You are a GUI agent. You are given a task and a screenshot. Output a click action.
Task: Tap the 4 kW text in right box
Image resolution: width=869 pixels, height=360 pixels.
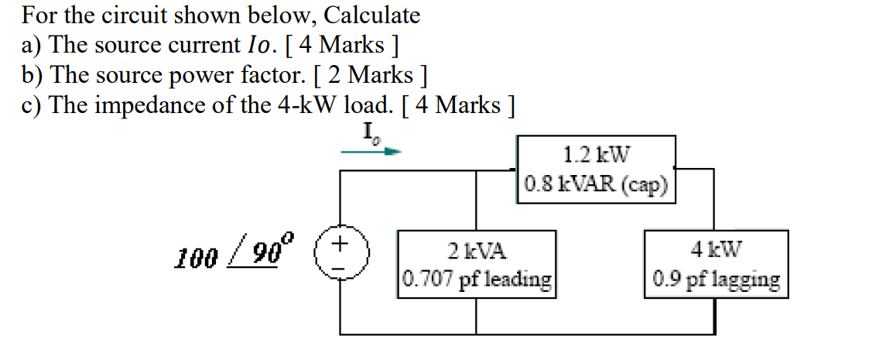click(716, 250)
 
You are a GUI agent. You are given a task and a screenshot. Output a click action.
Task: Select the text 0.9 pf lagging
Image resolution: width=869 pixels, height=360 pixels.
click(716, 279)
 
